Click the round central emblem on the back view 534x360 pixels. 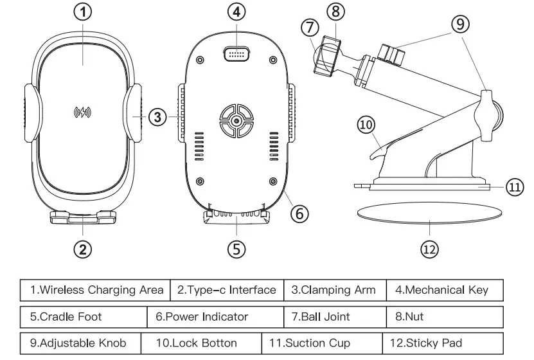pyautogui.click(x=237, y=121)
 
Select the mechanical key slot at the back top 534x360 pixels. pyautogui.click(x=237, y=54)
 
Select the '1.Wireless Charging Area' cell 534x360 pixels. pyautogui.click(x=96, y=290)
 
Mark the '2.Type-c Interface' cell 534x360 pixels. pyautogui.click(x=226, y=290)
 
